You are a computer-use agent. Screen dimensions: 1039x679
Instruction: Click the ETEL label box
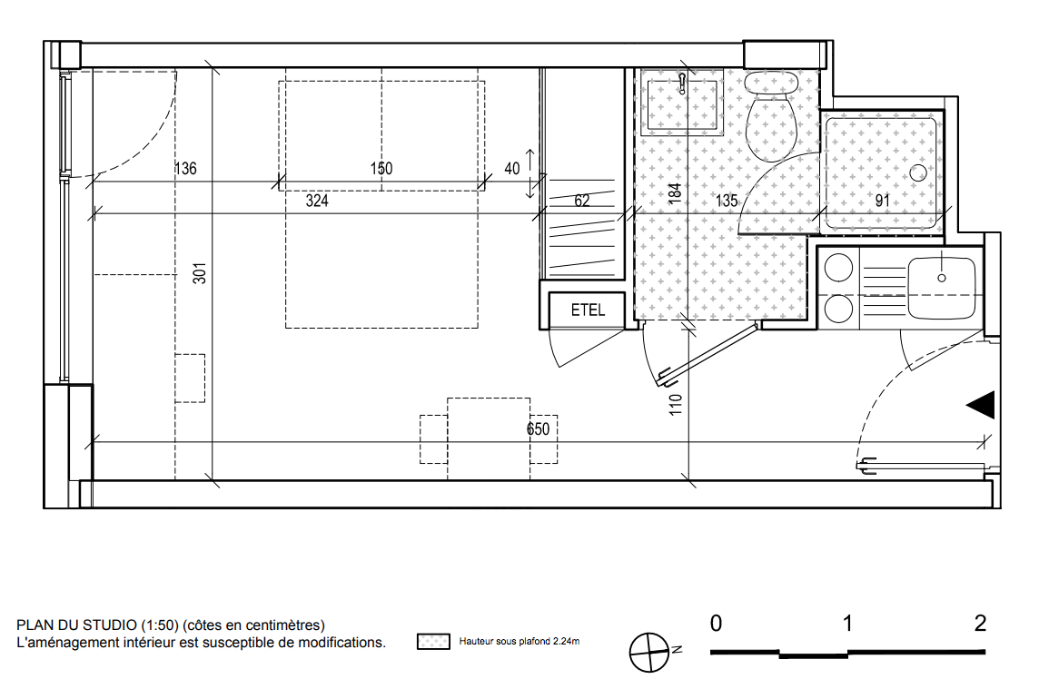pyautogui.click(x=587, y=310)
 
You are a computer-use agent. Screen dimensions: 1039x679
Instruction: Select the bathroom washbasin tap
pyautogui.click(x=682, y=84)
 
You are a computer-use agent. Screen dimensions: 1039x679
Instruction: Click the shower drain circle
pyautogui.click(x=917, y=173)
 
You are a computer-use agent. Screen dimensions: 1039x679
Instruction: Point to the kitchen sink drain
pyautogui.click(x=942, y=278)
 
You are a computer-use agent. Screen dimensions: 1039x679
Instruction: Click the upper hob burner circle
pyautogui.click(x=838, y=269)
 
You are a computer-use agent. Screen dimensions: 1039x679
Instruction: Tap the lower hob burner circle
pyautogui.click(x=838, y=309)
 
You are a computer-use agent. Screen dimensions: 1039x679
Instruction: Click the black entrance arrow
pyautogui.click(x=981, y=405)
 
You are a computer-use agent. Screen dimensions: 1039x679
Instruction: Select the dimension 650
pyautogui.click(x=538, y=429)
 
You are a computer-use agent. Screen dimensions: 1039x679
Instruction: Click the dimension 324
pyautogui.click(x=317, y=200)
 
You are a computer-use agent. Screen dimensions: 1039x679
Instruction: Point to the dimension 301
pyautogui.click(x=200, y=273)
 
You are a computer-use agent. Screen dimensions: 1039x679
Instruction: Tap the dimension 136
pyautogui.click(x=185, y=168)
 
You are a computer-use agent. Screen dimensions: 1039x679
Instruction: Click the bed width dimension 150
pyautogui.click(x=381, y=168)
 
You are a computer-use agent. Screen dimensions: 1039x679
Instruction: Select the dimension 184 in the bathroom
pyautogui.click(x=675, y=193)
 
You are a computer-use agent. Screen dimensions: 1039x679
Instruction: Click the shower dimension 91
pyautogui.click(x=882, y=200)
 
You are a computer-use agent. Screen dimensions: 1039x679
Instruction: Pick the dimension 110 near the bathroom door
pyautogui.click(x=675, y=405)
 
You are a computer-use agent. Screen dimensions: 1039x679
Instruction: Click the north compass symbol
pyautogui.click(x=650, y=653)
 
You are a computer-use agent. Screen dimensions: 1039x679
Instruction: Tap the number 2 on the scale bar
pyautogui.click(x=981, y=623)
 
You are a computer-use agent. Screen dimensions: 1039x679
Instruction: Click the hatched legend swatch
pyautogui.click(x=433, y=641)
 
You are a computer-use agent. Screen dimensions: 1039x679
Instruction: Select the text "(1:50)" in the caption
pyautogui.click(x=160, y=625)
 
